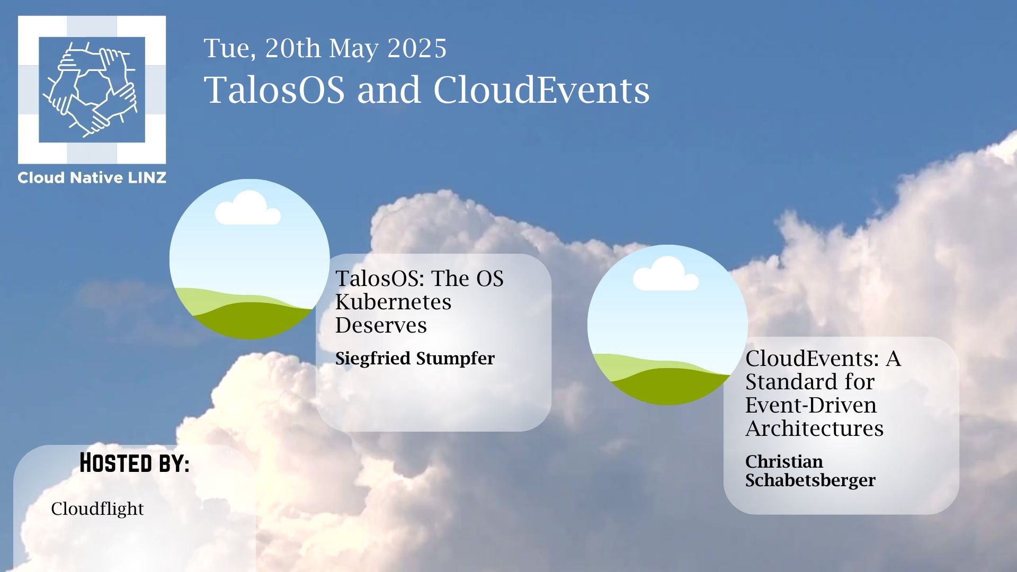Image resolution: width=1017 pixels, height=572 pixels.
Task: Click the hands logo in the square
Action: point(92,90)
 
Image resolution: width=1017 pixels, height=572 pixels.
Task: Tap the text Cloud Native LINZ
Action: point(92,178)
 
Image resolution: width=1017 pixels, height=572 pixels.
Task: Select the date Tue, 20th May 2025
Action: point(325,49)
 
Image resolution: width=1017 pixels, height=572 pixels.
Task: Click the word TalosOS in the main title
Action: point(274,90)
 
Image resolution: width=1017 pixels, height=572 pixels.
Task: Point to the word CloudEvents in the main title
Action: point(541,90)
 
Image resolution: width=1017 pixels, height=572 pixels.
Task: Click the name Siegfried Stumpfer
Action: point(415,359)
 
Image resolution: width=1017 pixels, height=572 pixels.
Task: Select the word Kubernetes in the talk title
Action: point(393,302)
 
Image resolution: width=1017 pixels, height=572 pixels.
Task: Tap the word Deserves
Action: point(381,326)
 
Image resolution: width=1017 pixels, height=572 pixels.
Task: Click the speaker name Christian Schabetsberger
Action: point(810,471)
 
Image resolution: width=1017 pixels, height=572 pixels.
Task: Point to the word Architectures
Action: point(814,429)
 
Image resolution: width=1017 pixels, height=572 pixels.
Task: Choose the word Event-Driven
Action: point(810,406)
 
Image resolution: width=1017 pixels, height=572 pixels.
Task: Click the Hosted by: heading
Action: point(135,463)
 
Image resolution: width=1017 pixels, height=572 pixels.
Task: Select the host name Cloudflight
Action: point(97,509)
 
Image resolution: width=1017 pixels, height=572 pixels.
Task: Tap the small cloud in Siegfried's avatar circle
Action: point(247,208)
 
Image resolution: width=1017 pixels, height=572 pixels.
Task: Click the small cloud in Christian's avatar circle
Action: point(666,274)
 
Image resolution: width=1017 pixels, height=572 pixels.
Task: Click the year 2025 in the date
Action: point(417,49)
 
